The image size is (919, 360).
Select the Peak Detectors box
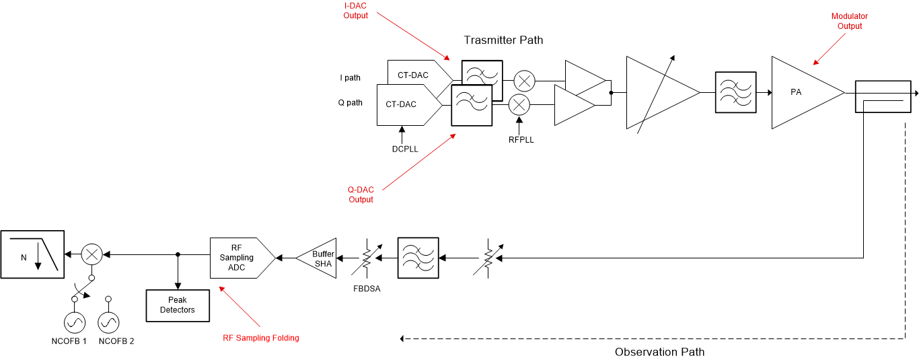click(178, 305)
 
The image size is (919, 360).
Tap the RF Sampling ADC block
click(239, 258)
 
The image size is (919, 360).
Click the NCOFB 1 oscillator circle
click(75, 324)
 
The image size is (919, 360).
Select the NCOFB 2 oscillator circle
click(108, 324)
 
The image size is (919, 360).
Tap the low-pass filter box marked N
click(32, 254)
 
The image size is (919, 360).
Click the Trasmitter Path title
click(503, 40)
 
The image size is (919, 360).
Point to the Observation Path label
click(659, 352)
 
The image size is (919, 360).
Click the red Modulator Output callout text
click(850, 21)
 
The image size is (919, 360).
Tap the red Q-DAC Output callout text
click(361, 194)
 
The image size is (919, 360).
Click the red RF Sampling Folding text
click(260, 338)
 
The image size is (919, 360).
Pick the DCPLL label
click(405, 149)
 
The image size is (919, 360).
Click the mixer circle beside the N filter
click(91, 254)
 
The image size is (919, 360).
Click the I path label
click(350, 78)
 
